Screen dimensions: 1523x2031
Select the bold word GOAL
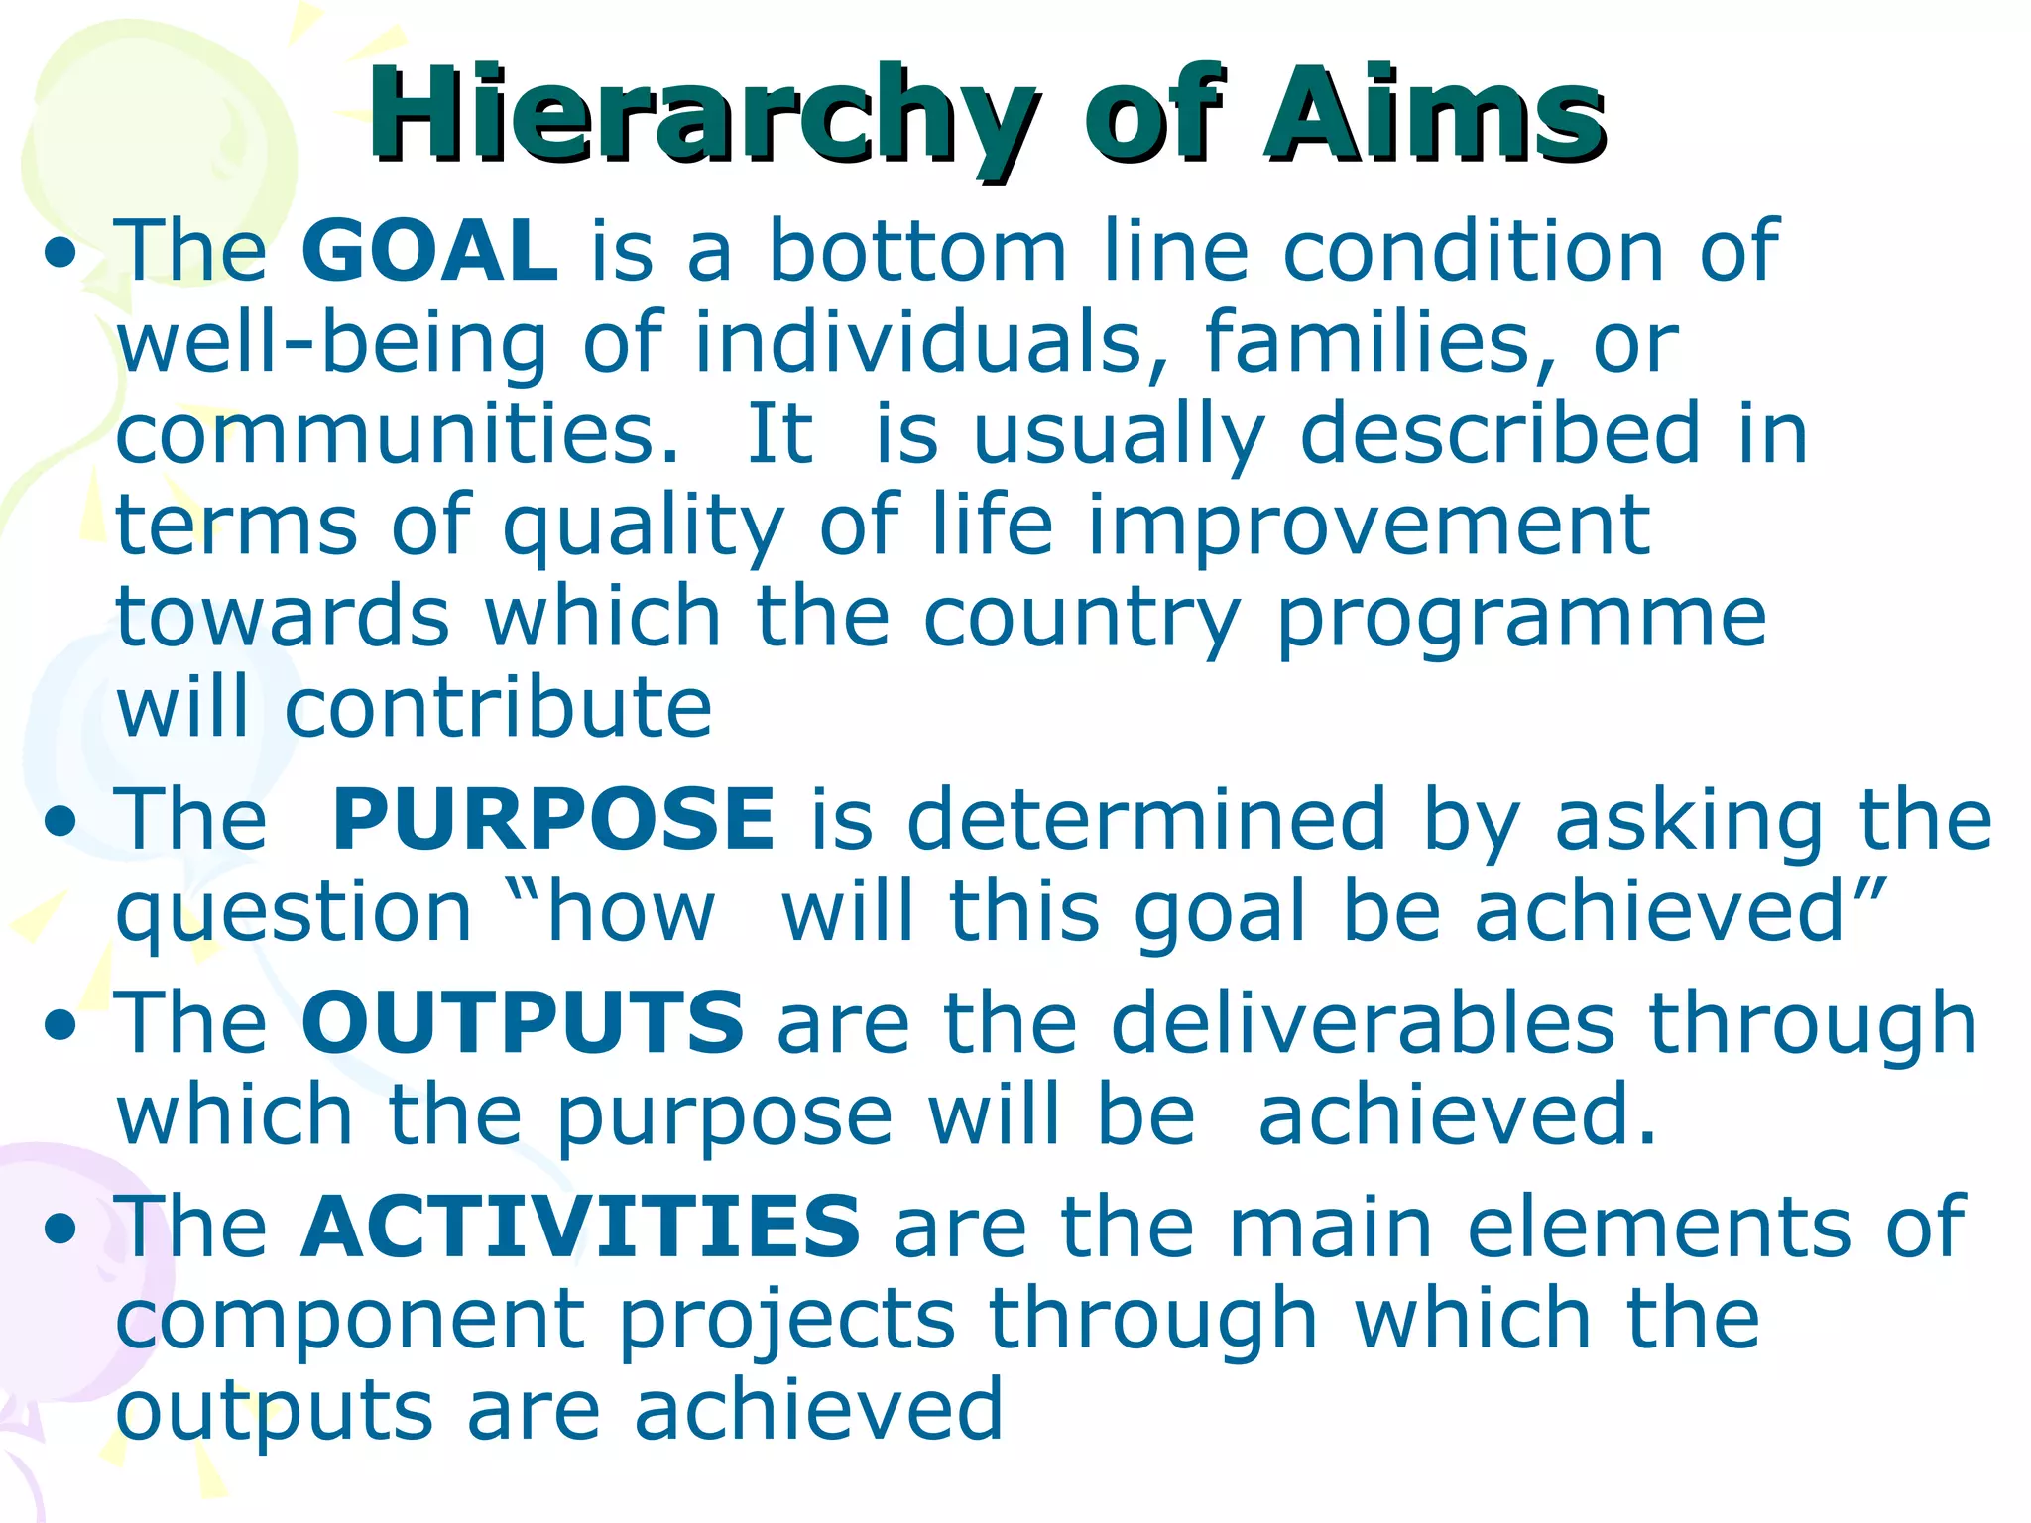tap(429, 250)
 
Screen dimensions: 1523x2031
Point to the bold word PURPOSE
tap(553, 819)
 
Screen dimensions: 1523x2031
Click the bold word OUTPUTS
tap(523, 1022)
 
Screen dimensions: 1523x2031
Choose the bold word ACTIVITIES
tap(581, 1227)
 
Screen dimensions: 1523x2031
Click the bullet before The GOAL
tap(60, 255)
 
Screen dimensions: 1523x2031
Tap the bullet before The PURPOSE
tap(60, 823)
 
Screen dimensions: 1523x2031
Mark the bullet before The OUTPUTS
tap(60, 1027)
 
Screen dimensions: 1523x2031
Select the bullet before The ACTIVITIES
tap(60, 1231)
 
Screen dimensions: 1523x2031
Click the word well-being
tap(331, 343)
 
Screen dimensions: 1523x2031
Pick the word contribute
tap(499, 708)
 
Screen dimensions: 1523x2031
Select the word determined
tap(1146, 819)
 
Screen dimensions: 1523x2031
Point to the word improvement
tap(1369, 525)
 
